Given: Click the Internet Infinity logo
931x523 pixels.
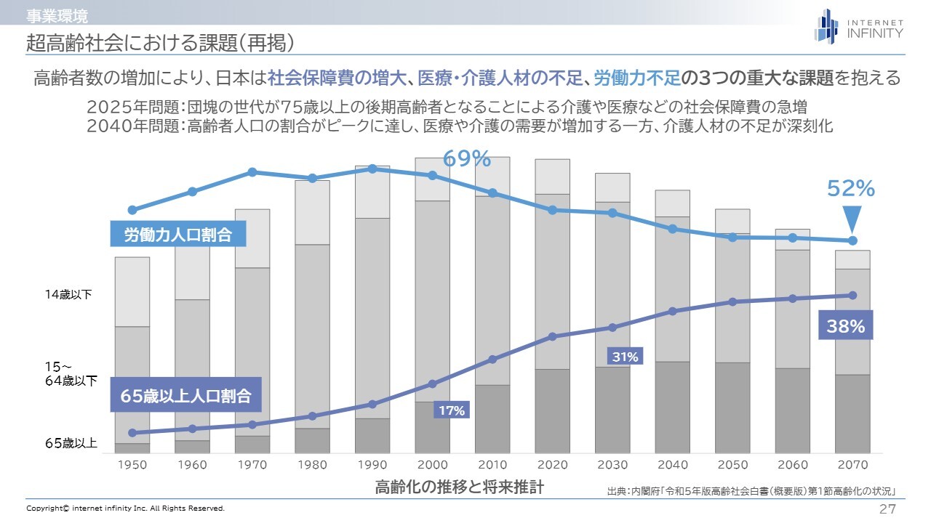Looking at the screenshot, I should pyautogui.click(x=858, y=26).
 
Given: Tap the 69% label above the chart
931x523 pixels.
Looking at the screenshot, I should pyautogui.click(x=467, y=158).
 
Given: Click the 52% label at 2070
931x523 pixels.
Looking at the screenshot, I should pyautogui.click(x=850, y=189).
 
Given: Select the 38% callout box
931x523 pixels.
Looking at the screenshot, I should pyautogui.click(x=846, y=326).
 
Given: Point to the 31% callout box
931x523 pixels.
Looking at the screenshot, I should pyautogui.click(x=625, y=357).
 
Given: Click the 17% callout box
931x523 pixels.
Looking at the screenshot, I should pyautogui.click(x=451, y=410).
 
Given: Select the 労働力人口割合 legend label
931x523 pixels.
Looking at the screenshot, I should pyautogui.click(x=177, y=235).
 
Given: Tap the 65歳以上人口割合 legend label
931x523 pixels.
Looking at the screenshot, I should pyautogui.click(x=185, y=396).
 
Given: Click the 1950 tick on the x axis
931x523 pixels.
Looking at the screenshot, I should pyautogui.click(x=132, y=465).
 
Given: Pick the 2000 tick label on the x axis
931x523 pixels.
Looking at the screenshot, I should pyautogui.click(x=433, y=465).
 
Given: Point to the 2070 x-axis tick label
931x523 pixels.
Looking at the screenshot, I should pyautogui.click(x=852, y=465).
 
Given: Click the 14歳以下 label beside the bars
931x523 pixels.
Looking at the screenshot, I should pyautogui.click(x=68, y=294).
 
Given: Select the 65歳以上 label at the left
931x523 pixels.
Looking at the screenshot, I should pyautogui.click(x=71, y=442).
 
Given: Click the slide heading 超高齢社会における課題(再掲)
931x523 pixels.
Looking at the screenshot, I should pyautogui.click(x=160, y=43).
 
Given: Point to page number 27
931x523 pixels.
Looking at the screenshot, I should pyautogui.click(x=887, y=508).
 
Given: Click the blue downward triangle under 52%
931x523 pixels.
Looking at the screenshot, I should pyautogui.click(x=852, y=218).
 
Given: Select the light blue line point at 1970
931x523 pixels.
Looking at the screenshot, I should pyautogui.click(x=252, y=172).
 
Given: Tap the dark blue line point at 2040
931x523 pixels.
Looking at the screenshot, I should pyautogui.click(x=673, y=311).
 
